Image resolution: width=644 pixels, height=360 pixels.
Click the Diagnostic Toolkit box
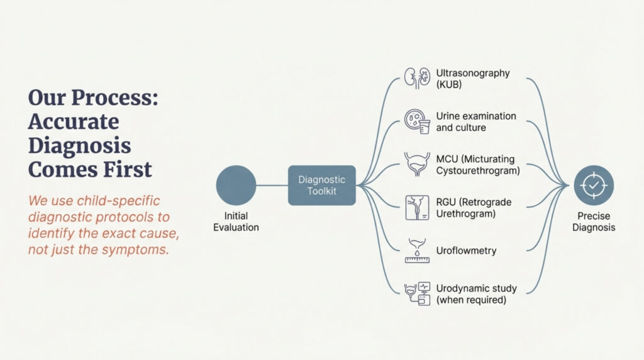[x=322, y=185]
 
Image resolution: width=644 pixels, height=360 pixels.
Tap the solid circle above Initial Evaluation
[x=236, y=186]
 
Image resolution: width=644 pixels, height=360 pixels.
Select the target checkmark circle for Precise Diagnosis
[x=594, y=186]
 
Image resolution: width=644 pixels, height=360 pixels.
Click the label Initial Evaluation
[x=236, y=222]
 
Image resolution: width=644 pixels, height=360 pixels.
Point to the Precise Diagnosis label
[x=594, y=222]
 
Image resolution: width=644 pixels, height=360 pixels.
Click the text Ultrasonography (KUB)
[x=472, y=79]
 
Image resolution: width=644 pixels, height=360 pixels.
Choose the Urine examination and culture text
[x=475, y=121]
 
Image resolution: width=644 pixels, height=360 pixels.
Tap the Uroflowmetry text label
[x=466, y=250]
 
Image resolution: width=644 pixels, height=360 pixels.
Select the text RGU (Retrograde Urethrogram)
[x=474, y=208]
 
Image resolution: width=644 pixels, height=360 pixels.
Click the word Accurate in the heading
[x=74, y=121]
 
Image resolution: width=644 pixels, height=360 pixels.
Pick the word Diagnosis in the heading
[x=80, y=146]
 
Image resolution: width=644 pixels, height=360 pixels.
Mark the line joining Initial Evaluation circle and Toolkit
[x=272, y=186]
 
